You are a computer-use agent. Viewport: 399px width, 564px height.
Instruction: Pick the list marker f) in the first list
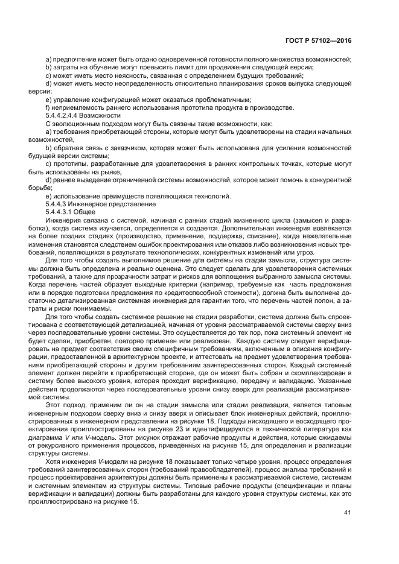tap(48, 107)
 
